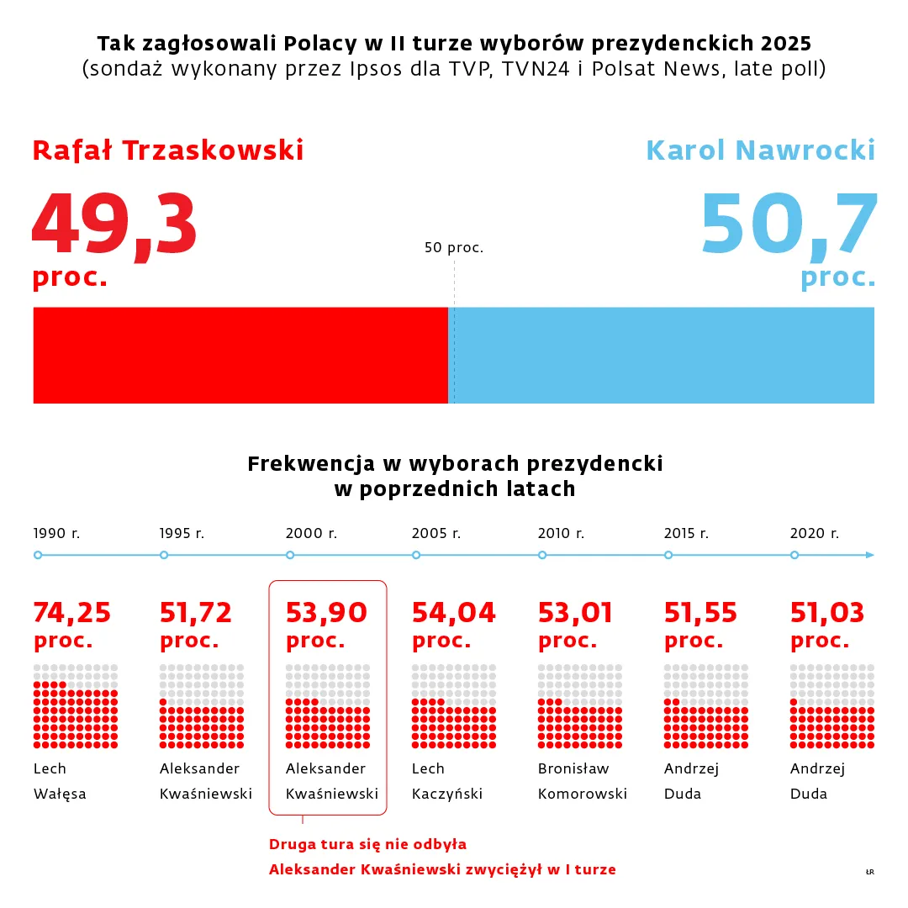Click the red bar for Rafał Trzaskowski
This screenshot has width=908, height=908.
point(240,355)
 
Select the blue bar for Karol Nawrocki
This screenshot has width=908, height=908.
point(663,355)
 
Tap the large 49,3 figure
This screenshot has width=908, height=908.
point(114,226)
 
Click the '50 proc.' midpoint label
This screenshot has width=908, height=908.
point(454,248)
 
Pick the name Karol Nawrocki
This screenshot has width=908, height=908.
point(760,150)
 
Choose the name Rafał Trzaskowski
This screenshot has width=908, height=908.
point(168,150)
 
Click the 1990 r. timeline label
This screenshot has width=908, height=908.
point(56,533)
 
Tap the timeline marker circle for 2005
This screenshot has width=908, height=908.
point(416,555)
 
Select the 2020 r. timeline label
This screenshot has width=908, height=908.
point(814,533)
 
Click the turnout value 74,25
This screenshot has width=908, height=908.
point(72,613)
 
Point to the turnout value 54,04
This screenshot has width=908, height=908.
point(453,613)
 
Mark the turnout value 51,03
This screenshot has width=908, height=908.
point(827,613)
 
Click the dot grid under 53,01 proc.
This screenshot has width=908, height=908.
point(580,706)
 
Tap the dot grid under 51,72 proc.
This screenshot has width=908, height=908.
point(202,706)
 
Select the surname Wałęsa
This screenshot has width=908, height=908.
point(60,794)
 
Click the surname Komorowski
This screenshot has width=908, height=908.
point(583,794)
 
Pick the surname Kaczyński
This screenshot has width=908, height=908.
point(447,794)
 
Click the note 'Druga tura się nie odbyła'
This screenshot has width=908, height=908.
point(367,844)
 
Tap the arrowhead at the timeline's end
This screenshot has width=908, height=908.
point(870,555)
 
